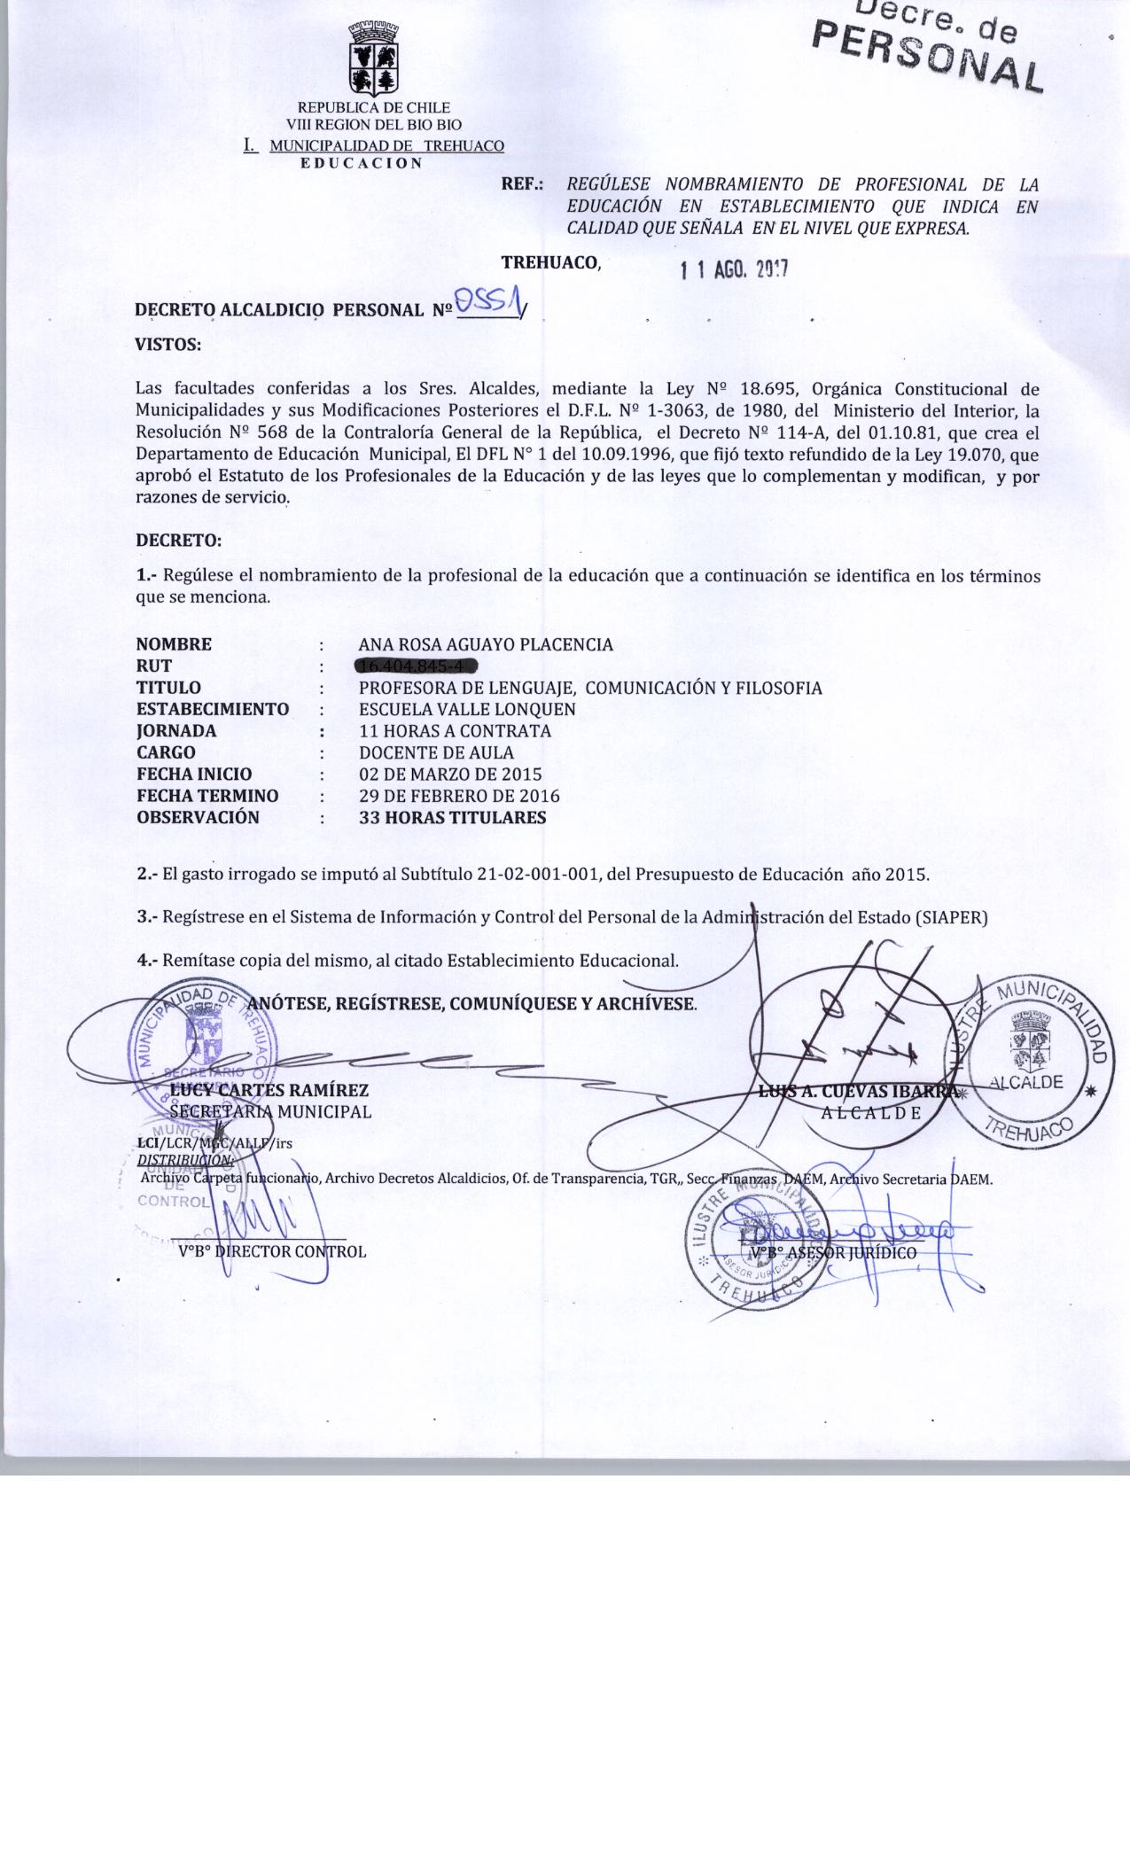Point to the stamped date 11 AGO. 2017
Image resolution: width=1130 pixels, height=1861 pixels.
[x=734, y=270]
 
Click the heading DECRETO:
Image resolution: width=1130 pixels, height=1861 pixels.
[x=178, y=540]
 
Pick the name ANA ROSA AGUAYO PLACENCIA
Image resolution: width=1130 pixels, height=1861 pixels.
[x=485, y=644]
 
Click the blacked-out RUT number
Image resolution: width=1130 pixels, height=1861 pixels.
[x=417, y=666]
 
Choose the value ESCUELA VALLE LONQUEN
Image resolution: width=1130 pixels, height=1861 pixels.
[x=467, y=709]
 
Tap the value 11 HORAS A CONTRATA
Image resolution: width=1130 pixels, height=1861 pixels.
[x=455, y=731]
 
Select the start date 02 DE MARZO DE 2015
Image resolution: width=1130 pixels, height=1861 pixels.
[x=449, y=774]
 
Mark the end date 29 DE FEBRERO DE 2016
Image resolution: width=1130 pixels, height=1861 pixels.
[x=459, y=796]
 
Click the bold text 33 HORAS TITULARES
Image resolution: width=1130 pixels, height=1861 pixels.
[x=452, y=817]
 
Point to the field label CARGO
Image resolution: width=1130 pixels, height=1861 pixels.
[x=166, y=752]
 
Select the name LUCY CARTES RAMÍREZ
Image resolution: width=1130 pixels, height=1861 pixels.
[x=269, y=1090]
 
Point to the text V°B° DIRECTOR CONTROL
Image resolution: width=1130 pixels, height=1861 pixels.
[x=272, y=1251]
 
